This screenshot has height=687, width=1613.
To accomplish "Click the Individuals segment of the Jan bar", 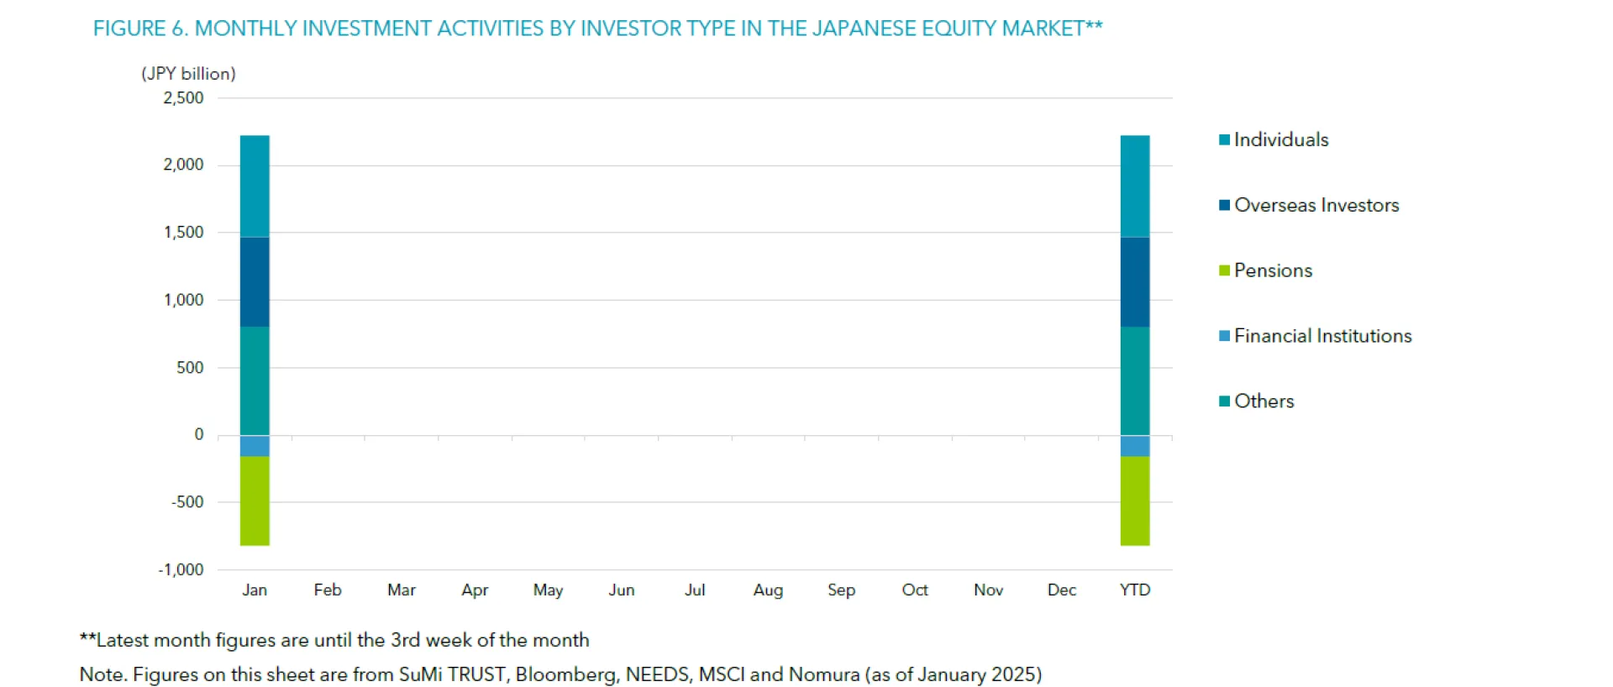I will (x=255, y=186).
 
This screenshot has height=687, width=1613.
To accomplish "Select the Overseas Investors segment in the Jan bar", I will (x=255, y=281).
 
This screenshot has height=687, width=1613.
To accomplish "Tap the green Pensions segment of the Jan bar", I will (x=255, y=501).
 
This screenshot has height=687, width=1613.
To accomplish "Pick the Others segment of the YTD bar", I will (x=1135, y=380).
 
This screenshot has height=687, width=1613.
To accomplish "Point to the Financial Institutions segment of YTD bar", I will (x=1135, y=446).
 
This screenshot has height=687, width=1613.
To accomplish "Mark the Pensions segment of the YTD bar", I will (x=1135, y=501).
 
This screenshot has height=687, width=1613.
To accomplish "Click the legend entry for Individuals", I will (x=1280, y=139).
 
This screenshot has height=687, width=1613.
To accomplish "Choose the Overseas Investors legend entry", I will (x=1316, y=205).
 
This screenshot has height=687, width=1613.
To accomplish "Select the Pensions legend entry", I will (x=1272, y=270).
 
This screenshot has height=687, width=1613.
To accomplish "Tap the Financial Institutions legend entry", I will (x=1322, y=336).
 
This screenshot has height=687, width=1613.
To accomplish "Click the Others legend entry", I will (x=1264, y=401).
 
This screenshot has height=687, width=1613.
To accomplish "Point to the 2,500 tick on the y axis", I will (x=183, y=98).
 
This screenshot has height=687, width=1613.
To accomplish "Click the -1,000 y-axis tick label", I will (x=181, y=569).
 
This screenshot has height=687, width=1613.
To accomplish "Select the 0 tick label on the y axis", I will (x=199, y=434).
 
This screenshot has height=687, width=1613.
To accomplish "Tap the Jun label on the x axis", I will (x=622, y=590).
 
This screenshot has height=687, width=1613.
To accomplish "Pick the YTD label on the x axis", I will (x=1135, y=590).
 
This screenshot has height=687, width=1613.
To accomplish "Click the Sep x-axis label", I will (x=841, y=590).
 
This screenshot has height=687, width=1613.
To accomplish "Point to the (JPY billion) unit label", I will (x=188, y=74).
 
